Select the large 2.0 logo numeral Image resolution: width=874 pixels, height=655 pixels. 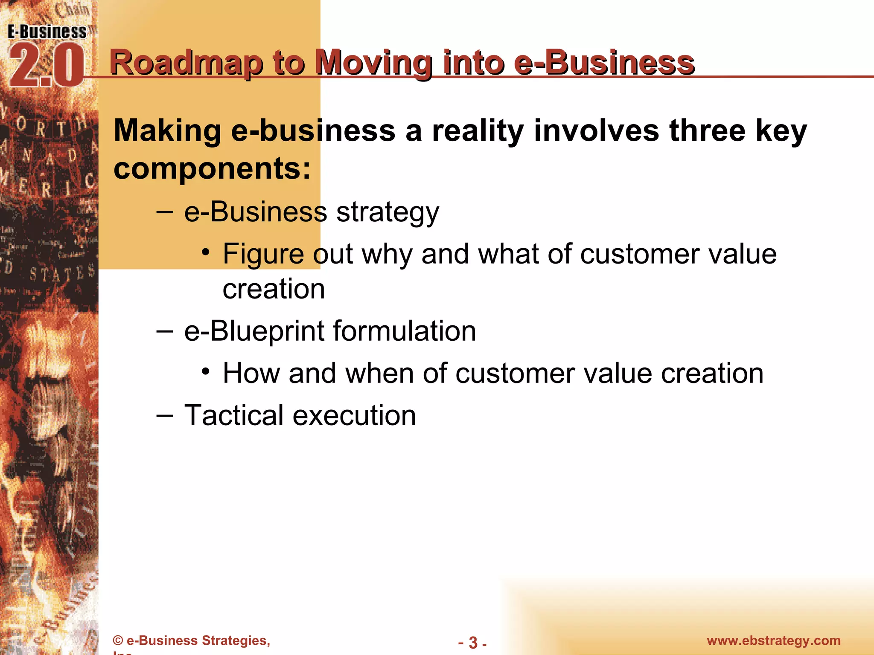tap(46, 66)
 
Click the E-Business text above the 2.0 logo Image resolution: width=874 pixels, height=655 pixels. tap(47, 32)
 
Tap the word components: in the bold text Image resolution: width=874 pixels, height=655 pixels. tap(212, 168)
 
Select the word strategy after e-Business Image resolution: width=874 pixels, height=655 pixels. tap(387, 212)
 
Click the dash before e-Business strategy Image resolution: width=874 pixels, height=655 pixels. tap(165, 212)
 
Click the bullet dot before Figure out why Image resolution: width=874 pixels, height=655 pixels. tap(206, 252)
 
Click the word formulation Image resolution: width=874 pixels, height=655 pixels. tap(404, 331)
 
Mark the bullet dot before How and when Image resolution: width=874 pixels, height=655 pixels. tap(206, 371)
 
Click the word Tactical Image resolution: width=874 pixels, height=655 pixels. tap(234, 415)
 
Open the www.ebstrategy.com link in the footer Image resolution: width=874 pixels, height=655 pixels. tap(774, 641)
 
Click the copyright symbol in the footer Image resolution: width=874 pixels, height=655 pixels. tap(118, 641)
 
